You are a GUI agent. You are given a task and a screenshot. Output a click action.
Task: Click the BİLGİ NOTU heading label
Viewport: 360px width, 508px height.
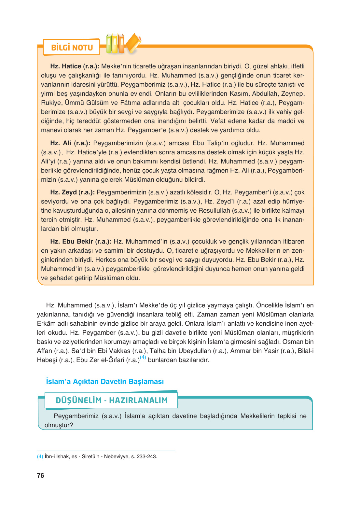tap(72, 48)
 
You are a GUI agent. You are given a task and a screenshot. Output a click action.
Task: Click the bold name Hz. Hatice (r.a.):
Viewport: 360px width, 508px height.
tap(75, 66)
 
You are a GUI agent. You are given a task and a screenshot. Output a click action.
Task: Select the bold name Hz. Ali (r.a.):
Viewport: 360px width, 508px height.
tap(70, 143)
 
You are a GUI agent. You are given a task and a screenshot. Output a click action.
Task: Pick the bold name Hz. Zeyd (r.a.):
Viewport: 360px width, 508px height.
tap(72, 192)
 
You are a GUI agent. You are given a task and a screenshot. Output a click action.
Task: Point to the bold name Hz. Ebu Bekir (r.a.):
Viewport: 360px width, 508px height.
tap(81, 242)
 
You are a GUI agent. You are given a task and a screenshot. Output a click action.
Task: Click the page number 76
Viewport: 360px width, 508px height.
tap(40, 475)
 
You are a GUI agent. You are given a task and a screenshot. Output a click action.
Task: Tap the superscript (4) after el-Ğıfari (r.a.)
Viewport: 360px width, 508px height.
tap(143, 358)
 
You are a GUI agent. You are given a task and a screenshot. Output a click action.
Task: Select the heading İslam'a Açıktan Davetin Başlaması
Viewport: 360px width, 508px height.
tap(105, 382)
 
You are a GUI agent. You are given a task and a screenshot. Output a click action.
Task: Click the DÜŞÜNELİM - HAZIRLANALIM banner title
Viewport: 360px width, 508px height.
tap(112, 400)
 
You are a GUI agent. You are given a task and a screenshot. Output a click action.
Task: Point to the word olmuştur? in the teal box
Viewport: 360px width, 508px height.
tap(59, 425)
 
